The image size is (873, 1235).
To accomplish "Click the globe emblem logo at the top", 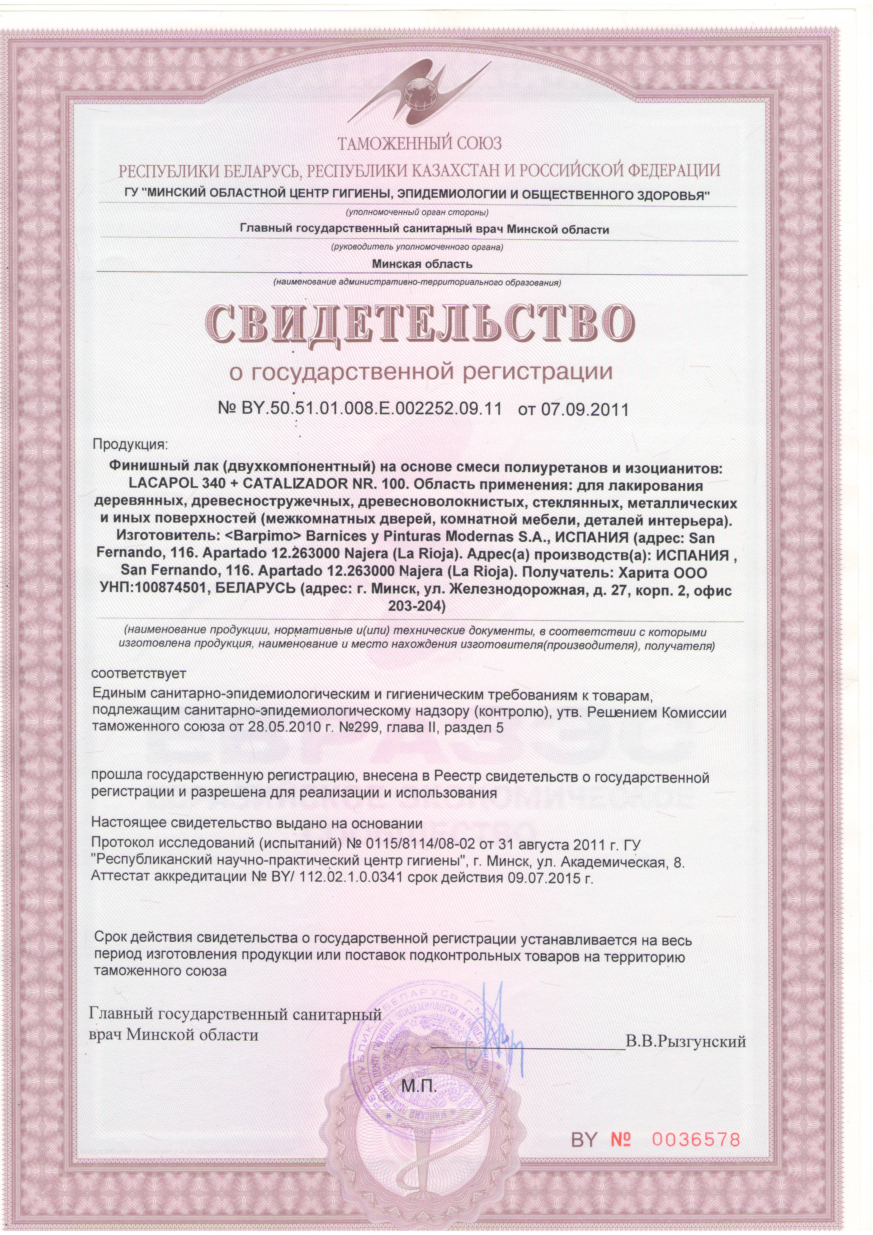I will tap(419, 86).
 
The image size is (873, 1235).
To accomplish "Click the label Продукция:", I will tap(131, 445).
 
